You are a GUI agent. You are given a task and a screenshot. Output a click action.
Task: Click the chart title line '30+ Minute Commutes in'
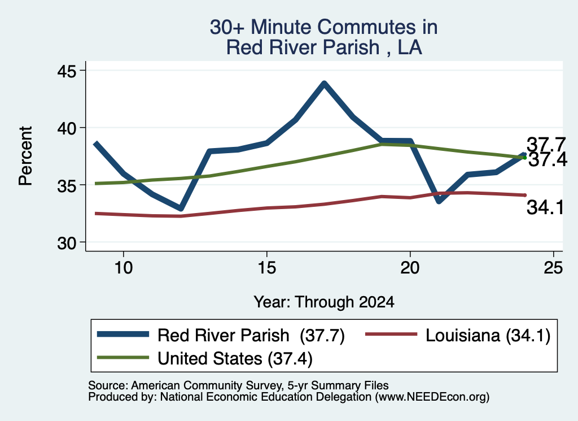(323, 27)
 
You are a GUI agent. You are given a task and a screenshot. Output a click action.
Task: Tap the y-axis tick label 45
(67, 71)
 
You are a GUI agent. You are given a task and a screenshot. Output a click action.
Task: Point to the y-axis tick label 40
(67, 128)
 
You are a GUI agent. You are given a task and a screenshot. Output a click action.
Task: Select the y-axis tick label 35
(67, 185)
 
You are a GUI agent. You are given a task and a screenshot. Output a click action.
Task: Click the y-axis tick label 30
(67, 243)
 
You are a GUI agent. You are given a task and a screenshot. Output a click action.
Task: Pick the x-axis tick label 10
(123, 267)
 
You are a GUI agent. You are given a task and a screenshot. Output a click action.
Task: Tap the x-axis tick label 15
(266, 267)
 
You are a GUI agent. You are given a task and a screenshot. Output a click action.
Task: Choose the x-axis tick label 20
(410, 267)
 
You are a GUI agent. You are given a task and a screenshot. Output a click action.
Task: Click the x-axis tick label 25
(553, 267)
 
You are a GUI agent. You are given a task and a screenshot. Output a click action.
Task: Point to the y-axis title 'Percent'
(26, 156)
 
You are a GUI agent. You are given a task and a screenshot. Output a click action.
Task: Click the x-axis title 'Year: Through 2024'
(323, 302)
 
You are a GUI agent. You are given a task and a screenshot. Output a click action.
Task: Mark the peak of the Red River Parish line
(323, 84)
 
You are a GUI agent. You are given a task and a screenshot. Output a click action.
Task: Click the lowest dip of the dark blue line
(181, 209)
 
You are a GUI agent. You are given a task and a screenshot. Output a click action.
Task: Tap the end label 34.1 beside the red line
(545, 207)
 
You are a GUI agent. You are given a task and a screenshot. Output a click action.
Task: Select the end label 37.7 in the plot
(546, 144)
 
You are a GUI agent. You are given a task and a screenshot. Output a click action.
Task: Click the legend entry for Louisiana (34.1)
(457, 336)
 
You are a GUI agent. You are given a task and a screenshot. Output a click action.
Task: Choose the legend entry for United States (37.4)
(205, 358)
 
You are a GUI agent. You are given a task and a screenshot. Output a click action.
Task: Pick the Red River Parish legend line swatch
(123, 335)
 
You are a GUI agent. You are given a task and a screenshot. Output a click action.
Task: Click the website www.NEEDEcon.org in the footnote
(432, 397)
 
